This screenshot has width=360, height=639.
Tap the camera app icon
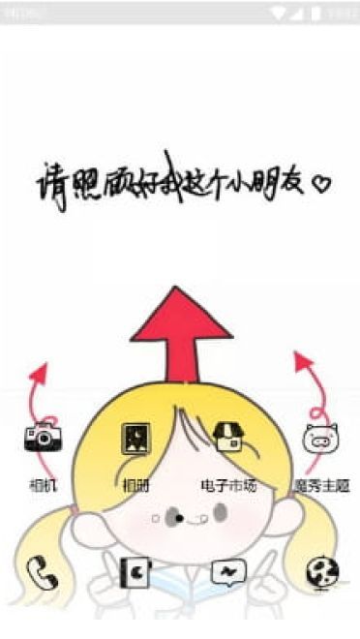click(43, 439)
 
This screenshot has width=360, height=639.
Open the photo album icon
click(135, 440)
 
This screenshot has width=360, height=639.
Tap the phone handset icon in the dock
click(43, 573)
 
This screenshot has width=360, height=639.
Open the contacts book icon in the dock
click(135, 573)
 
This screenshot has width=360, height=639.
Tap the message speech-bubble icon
click(228, 573)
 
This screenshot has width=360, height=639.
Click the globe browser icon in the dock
click(320, 573)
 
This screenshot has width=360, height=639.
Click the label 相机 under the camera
click(43, 484)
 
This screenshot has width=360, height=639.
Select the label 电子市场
click(228, 484)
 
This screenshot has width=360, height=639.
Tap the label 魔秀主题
click(321, 484)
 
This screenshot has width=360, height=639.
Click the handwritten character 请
click(50, 182)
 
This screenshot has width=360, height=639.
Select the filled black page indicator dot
click(180, 518)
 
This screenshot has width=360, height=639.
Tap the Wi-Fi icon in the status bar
click(280, 13)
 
